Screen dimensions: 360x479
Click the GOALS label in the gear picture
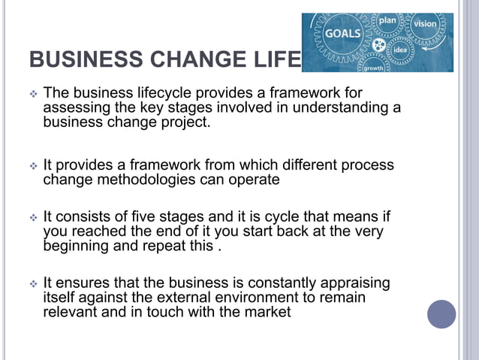(342, 34)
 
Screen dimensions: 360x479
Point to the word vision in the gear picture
(425, 23)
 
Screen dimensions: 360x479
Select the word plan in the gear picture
(387, 20)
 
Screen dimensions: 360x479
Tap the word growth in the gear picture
(373, 68)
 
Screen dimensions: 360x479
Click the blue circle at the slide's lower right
(441, 313)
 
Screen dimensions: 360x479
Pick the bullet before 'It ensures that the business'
(32, 284)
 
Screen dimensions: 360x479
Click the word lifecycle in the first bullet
(164, 93)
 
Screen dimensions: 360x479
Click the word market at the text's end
(267, 312)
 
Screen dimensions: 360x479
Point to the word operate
(253, 180)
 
